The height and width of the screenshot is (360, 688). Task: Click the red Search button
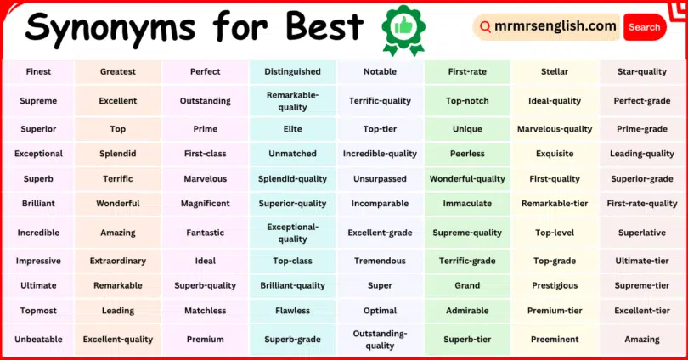[x=644, y=27]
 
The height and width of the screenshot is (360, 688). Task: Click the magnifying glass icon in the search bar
[x=486, y=27]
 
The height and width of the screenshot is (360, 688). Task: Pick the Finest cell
[x=38, y=72]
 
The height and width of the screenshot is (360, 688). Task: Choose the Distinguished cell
[x=292, y=72]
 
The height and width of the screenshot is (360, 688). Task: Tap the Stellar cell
[x=555, y=72]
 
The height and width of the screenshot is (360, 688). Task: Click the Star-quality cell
[x=642, y=72]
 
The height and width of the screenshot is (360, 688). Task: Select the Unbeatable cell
[x=38, y=340]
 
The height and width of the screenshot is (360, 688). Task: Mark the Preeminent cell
[x=555, y=340]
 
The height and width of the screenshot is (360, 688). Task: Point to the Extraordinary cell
[x=118, y=262]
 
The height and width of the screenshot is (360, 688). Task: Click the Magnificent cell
[x=206, y=204]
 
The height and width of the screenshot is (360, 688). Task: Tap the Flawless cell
[x=292, y=311]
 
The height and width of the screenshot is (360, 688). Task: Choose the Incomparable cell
[x=380, y=204]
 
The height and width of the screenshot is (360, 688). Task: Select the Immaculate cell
[x=467, y=204]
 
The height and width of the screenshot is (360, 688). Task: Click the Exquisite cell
[x=555, y=154]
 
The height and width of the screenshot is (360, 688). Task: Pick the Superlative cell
[x=642, y=233]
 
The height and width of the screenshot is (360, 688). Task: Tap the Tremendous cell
[x=380, y=262]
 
